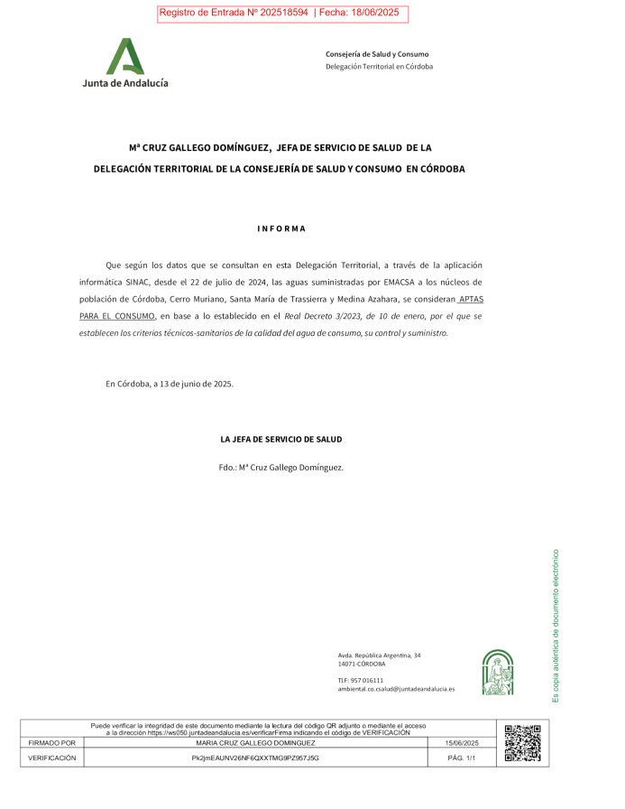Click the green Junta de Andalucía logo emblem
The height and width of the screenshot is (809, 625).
pos(125,57)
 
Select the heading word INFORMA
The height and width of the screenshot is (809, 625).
pos(281,228)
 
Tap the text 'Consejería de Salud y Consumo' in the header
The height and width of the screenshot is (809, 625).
pos(377,54)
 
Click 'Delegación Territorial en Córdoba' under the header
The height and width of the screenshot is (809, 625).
pos(379,67)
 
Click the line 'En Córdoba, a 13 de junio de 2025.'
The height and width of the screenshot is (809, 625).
pos(170,384)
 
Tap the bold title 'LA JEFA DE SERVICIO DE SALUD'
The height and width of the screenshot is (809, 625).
pos(281,440)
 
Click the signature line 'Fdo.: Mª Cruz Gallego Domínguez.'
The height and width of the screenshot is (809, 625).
pos(281,468)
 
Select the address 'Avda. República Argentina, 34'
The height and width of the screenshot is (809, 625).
pos(379,655)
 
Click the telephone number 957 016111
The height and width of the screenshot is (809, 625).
pos(370,680)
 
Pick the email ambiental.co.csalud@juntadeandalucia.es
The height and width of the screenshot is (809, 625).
pos(396,689)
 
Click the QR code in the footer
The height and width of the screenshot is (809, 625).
pos(522,743)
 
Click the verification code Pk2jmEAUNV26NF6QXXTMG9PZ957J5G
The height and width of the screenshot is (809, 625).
pos(255,758)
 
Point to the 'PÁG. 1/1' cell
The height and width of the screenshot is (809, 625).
pos(461,758)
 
